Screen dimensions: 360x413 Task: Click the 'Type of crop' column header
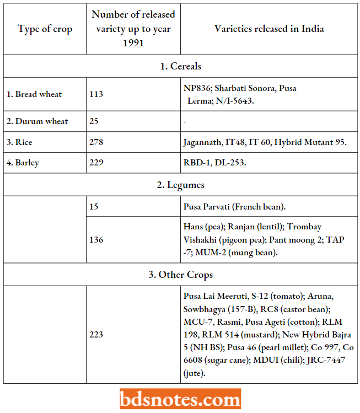45,29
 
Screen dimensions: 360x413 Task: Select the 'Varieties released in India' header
269,29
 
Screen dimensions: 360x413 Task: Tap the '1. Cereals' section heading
180,66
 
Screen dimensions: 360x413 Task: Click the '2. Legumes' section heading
180,185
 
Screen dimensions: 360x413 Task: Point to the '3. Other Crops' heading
180,274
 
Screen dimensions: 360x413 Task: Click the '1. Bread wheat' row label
34,94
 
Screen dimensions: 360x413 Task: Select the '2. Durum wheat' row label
37,121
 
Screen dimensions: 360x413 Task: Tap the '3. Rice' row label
19,142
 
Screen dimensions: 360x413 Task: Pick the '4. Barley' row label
23,163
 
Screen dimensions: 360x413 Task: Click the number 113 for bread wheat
96,94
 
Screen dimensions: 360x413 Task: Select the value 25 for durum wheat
94,121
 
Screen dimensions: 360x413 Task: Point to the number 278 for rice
96,142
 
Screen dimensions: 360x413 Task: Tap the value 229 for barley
96,163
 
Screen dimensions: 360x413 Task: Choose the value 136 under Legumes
96,240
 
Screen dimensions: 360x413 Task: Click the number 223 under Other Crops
96,334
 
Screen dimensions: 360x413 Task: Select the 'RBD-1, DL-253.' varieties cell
215,163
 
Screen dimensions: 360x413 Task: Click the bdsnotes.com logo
180,398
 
